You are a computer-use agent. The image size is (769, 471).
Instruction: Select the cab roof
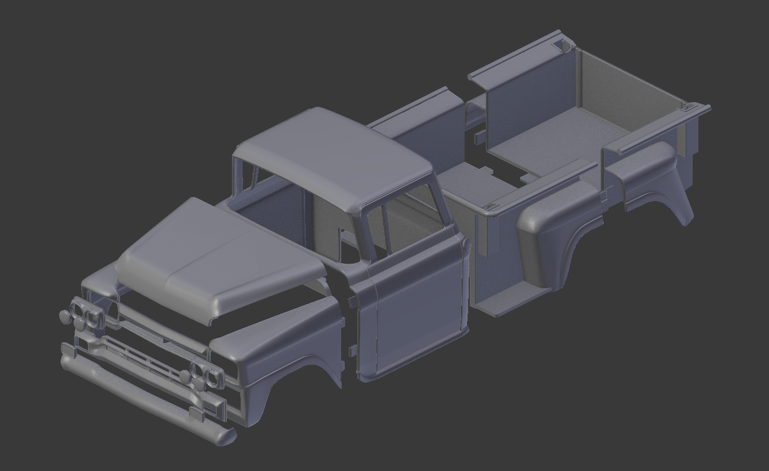pyautogui.click(x=333, y=155)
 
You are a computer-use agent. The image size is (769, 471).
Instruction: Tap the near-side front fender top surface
pyautogui.click(x=276, y=333)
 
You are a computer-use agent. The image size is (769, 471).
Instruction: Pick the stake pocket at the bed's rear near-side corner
pyautogui.click(x=686, y=106)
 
